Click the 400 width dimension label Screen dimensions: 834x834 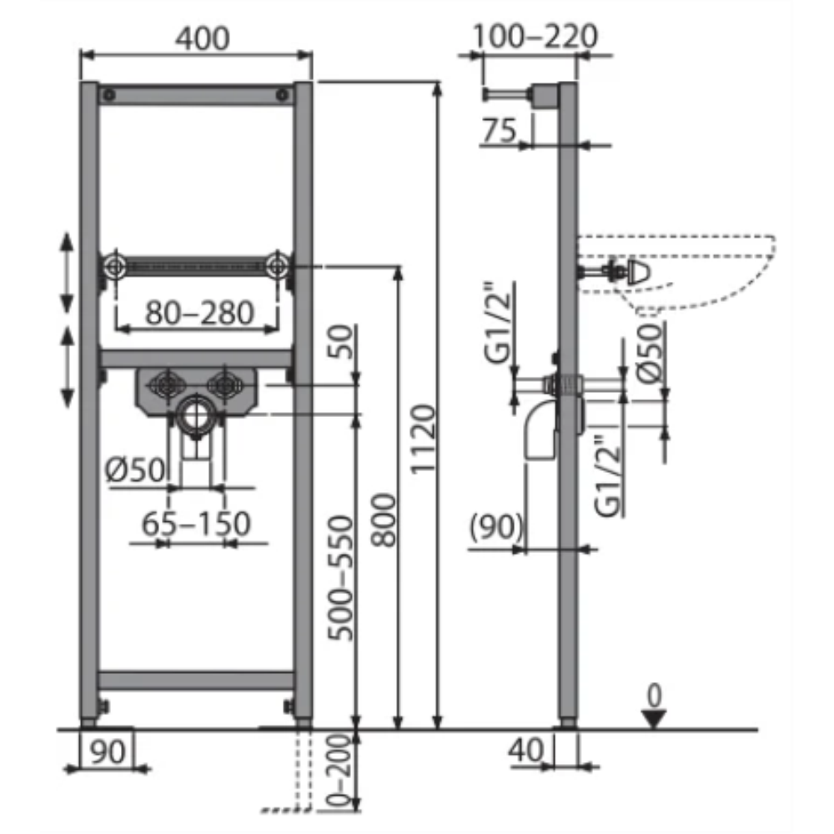[203, 38]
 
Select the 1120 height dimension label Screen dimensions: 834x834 [424, 439]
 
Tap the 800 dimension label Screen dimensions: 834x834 [384, 520]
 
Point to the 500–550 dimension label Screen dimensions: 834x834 [340, 578]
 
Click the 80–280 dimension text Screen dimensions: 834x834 [199, 313]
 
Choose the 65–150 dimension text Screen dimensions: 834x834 [196, 524]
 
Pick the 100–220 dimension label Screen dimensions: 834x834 [535, 36]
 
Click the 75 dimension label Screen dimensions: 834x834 [499, 130]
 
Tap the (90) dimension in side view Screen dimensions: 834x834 [496, 526]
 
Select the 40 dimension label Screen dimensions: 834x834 [526, 751]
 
